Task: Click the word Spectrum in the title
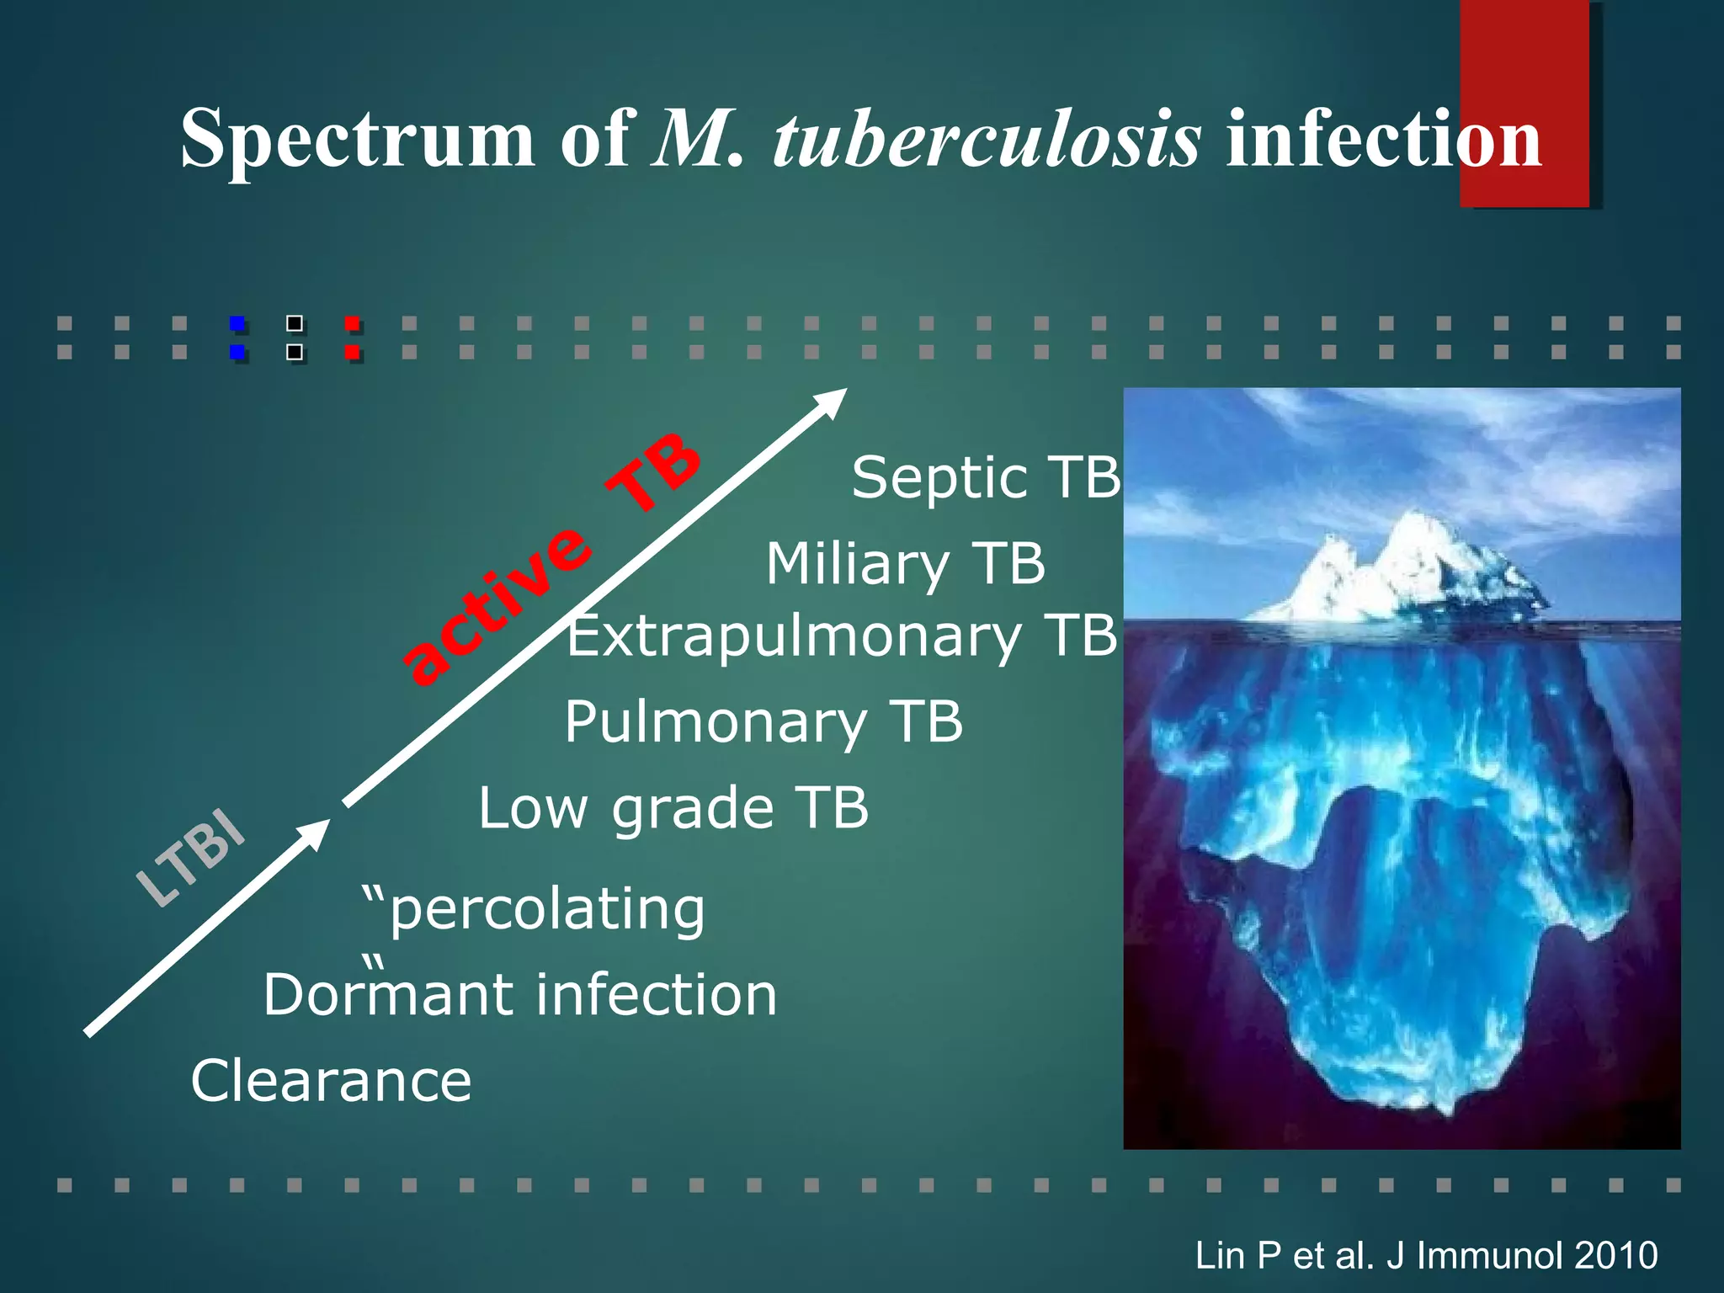357,140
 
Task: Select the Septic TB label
986,478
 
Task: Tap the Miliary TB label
905,564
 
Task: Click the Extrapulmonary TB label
842,636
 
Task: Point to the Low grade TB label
673,808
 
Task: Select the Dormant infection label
520,995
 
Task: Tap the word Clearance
331,1082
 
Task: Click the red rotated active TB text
551,559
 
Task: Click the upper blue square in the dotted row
237,323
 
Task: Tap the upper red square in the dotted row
352,323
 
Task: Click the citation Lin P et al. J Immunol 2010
1426,1255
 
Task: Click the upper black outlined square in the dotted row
295,323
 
